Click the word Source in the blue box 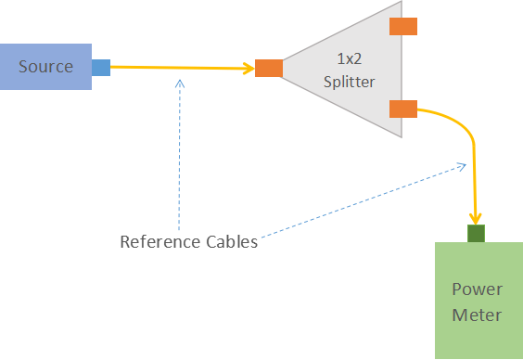pos(45,66)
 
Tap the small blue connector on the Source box pos(100,67)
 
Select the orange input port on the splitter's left pos(269,68)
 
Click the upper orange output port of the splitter pos(403,26)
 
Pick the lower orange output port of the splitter pos(403,109)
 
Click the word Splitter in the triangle pos(349,83)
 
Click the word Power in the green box pos(477,289)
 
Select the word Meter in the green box pos(477,315)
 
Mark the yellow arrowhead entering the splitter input pos(249,68)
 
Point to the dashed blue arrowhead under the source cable pos(180,83)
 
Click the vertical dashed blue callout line pos(180,158)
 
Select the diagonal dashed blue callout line pos(362,201)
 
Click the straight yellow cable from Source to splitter pos(176,68)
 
